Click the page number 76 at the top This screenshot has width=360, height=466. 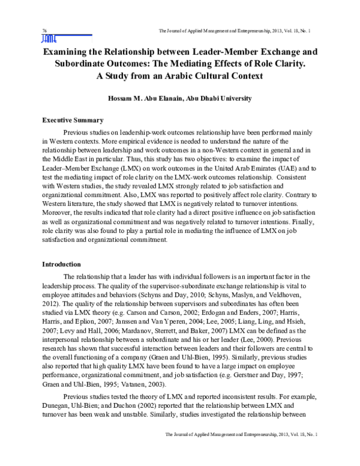click(44, 31)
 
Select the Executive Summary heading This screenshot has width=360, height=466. click(73, 120)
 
